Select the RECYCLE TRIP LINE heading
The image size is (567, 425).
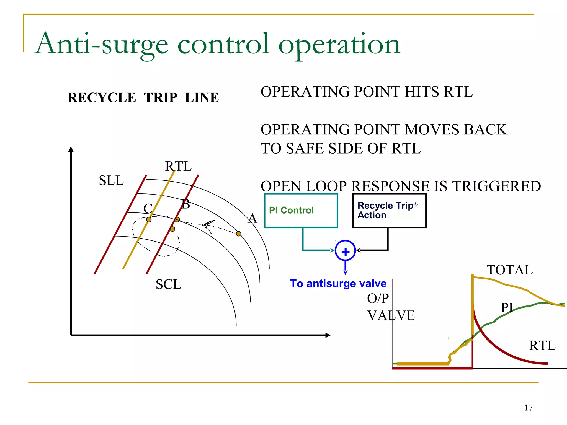coord(143,98)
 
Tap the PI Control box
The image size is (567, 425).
coord(301,211)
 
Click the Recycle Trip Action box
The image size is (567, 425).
coord(389,211)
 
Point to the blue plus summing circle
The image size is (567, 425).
coord(345,251)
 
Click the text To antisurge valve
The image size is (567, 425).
coord(338,284)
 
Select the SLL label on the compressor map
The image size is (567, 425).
coord(111,181)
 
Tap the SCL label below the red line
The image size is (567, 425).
coord(168,284)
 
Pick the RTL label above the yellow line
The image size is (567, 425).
coord(178,166)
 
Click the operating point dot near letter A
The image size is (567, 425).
coord(239,234)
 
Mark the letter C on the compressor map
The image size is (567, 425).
coord(148,208)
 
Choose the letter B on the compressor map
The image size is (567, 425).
coord(186,204)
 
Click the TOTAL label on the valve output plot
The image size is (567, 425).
coord(509,270)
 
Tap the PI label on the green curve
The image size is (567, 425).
coord(507,307)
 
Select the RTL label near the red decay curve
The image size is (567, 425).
coord(542,346)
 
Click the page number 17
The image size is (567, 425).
coord(528,408)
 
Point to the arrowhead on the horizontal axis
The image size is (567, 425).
coord(328,335)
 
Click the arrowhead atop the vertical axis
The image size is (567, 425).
coord(71,149)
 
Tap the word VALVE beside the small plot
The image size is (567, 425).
coord(391,315)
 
